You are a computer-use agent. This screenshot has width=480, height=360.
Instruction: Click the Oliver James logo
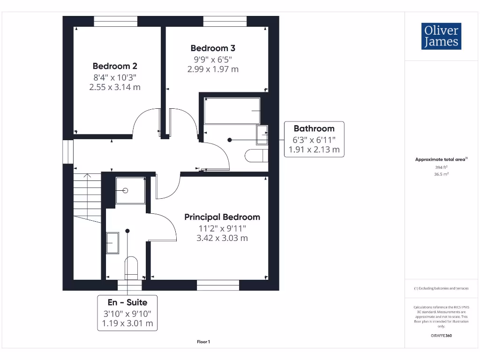coord(441,36)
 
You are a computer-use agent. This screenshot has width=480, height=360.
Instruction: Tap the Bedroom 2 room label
coord(115,66)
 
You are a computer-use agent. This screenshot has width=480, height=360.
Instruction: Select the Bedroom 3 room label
coord(213,48)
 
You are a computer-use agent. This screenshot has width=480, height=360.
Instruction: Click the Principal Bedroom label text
coord(222,217)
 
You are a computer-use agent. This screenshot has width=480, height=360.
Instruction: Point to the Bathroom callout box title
coord(314,128)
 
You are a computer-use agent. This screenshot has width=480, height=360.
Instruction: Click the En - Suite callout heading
coord(127,303)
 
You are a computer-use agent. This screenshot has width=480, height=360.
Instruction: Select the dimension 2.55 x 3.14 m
coord(115,87)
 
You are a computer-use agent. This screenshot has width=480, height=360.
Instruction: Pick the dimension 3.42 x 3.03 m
coord(222,238)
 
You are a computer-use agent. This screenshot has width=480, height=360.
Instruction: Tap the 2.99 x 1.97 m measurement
coord(213,69)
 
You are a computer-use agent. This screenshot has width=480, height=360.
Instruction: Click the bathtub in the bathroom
coord(232,111)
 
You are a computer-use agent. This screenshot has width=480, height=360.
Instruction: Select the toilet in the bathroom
coord(256,155)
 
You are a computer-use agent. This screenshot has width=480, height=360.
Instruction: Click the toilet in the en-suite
coord(131,268)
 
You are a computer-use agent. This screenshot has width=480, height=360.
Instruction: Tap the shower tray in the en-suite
coord(130,191)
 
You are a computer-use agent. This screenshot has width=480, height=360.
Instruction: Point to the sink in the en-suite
coord(112,243)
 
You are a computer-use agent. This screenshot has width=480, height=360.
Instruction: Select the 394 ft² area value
coord(441,166)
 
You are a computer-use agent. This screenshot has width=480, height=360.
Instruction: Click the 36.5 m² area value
coord(441,173)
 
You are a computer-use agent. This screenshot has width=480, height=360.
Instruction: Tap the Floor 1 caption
coord(203,342)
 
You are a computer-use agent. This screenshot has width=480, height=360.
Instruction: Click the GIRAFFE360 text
coord(441,335)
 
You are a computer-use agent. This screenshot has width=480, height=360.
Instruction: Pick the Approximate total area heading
coord(441,159)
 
